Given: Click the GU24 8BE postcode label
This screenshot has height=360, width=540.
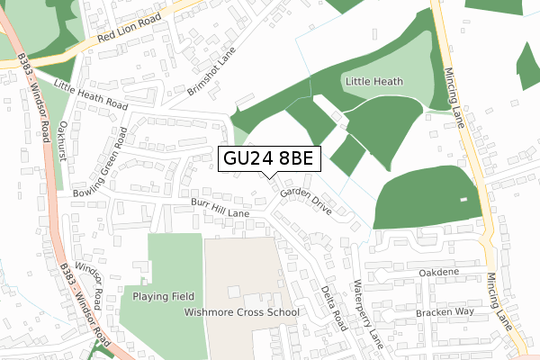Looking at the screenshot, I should [x=267, y=158].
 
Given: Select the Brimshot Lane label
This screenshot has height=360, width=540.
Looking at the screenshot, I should [x=211, y=72].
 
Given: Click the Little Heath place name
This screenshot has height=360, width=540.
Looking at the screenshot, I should [x=373, y=82].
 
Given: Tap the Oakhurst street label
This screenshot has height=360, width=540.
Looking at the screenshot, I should [x=63, y=142].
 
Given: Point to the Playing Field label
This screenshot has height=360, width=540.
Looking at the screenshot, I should [x=163, y=295].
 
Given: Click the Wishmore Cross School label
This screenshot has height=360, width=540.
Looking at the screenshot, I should [x=241, y=312].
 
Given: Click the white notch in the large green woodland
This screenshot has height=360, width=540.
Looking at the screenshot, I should [x=462, y=198].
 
